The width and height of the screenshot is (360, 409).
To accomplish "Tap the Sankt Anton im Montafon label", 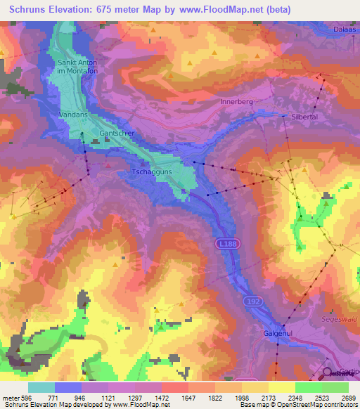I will tap(77, 66).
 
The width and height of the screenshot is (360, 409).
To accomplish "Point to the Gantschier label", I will tap(117, 133).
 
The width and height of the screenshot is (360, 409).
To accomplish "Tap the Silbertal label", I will tap(304, 118).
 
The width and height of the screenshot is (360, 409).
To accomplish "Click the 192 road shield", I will tap(254, 300).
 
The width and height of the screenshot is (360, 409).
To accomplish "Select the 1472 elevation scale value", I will tap(162, 397).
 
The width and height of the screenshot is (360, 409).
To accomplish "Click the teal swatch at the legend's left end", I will tap(41, 387).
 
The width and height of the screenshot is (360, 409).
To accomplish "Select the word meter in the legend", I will tap(10, 397).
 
